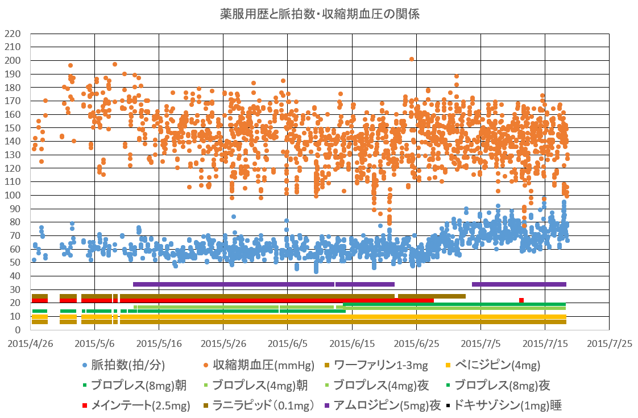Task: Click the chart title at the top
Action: click(x=320, y=14)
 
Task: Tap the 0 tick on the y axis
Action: click(x=18, y=330)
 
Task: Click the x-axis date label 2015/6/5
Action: click(x=288, y=345)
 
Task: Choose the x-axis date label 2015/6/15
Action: click(x=352, y=345)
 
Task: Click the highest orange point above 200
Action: click(x=411, y=59)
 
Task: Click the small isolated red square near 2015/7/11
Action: click(x=521, y=300)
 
